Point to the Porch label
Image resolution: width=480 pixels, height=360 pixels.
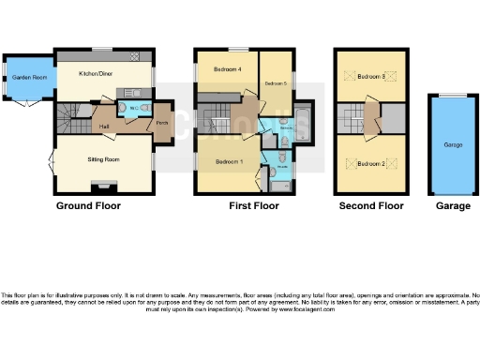click(x=161, y=120)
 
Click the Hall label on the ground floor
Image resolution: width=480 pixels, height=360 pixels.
click(x=105, y=127)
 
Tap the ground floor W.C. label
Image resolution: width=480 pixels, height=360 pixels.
click(x=133, y=109)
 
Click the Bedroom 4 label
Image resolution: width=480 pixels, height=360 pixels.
click(x=228, y=70)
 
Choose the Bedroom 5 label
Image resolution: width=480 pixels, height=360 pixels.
click(x=275, y=84)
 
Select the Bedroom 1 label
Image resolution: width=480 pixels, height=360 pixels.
click(x=229, y=161)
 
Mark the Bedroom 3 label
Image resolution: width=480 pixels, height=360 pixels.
click(x=371, y=76)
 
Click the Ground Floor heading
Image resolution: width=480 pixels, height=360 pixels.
click(x=88, y=205)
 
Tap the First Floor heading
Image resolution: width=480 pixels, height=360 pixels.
click(x=253, y=205)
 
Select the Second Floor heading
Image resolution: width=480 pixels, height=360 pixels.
click(x=372, y=205)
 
